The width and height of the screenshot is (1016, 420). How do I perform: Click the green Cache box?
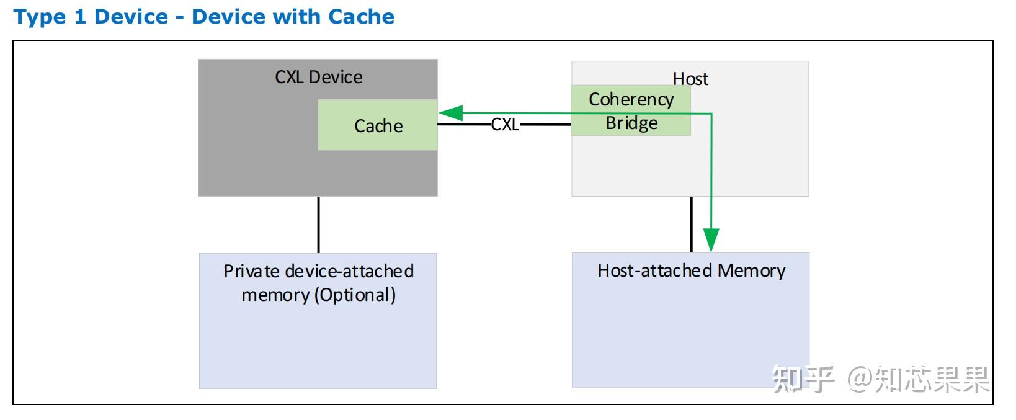point(378,125)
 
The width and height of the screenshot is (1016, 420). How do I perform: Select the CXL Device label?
point(318,77)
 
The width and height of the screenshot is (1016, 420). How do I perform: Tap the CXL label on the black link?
point(505,124)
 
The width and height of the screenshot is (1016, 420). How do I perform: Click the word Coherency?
point(631,100)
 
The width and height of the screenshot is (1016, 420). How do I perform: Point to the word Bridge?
point(631,123)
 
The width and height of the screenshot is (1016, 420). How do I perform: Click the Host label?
point(690,79)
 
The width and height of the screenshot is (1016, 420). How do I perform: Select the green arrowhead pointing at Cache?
point(451,113)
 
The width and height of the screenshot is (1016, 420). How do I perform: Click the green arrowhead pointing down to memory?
point(711,240)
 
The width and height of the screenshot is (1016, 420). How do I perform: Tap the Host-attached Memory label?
point(691,270)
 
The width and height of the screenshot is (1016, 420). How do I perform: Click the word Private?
point(252,271)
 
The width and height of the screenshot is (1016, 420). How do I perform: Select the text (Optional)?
point(355,295)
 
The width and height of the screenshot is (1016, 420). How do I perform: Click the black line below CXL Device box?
point(318,225)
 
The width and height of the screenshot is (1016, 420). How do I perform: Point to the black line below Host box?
point(691,225)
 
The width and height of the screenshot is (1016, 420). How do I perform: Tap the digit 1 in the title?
point(80,16)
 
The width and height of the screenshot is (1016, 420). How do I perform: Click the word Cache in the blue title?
point(361,16)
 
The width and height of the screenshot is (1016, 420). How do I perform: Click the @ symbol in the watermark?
point(860,378)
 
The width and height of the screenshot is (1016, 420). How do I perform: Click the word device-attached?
point(349,271)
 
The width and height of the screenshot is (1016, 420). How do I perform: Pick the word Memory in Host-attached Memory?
point(752,270)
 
